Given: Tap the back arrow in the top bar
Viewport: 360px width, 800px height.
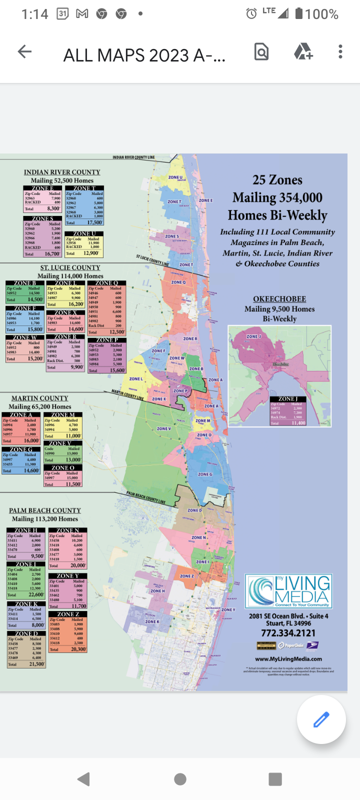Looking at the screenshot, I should click(24, 51).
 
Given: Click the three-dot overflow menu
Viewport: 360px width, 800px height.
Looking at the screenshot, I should click(340, 51).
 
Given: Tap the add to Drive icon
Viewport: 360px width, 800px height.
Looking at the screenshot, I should click(302, 51).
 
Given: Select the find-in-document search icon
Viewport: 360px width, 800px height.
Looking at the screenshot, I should click(261, 51).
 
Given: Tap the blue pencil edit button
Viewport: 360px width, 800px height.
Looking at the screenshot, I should click(321, 719).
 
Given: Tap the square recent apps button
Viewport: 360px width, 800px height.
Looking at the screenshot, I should click(275, 779).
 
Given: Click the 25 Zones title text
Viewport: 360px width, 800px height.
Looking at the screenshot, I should click(277, 180).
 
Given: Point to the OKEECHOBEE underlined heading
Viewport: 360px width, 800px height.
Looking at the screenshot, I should click(279, 299).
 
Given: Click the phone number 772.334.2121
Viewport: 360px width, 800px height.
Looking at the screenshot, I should click(288, 633).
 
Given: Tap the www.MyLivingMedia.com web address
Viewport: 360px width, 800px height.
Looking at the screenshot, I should click(288, 659).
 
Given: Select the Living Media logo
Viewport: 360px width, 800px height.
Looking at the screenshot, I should click(288, 591).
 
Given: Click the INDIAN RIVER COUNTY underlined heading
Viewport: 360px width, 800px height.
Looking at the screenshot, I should click(62, 172).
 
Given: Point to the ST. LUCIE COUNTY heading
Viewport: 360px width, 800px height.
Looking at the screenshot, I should click(70, 267).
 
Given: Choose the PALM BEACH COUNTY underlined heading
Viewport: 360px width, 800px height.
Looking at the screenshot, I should click(45, 510).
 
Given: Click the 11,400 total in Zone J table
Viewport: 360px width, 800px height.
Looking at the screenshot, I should click(298, 423).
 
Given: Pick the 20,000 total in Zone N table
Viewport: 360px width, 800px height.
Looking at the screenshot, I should click(77, 565).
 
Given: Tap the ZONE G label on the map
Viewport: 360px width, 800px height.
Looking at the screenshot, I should click(205, 474).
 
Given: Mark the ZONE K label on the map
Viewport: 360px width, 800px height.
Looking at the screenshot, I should click(152, 621).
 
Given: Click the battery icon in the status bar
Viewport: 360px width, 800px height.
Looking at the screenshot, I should click(298, 13).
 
